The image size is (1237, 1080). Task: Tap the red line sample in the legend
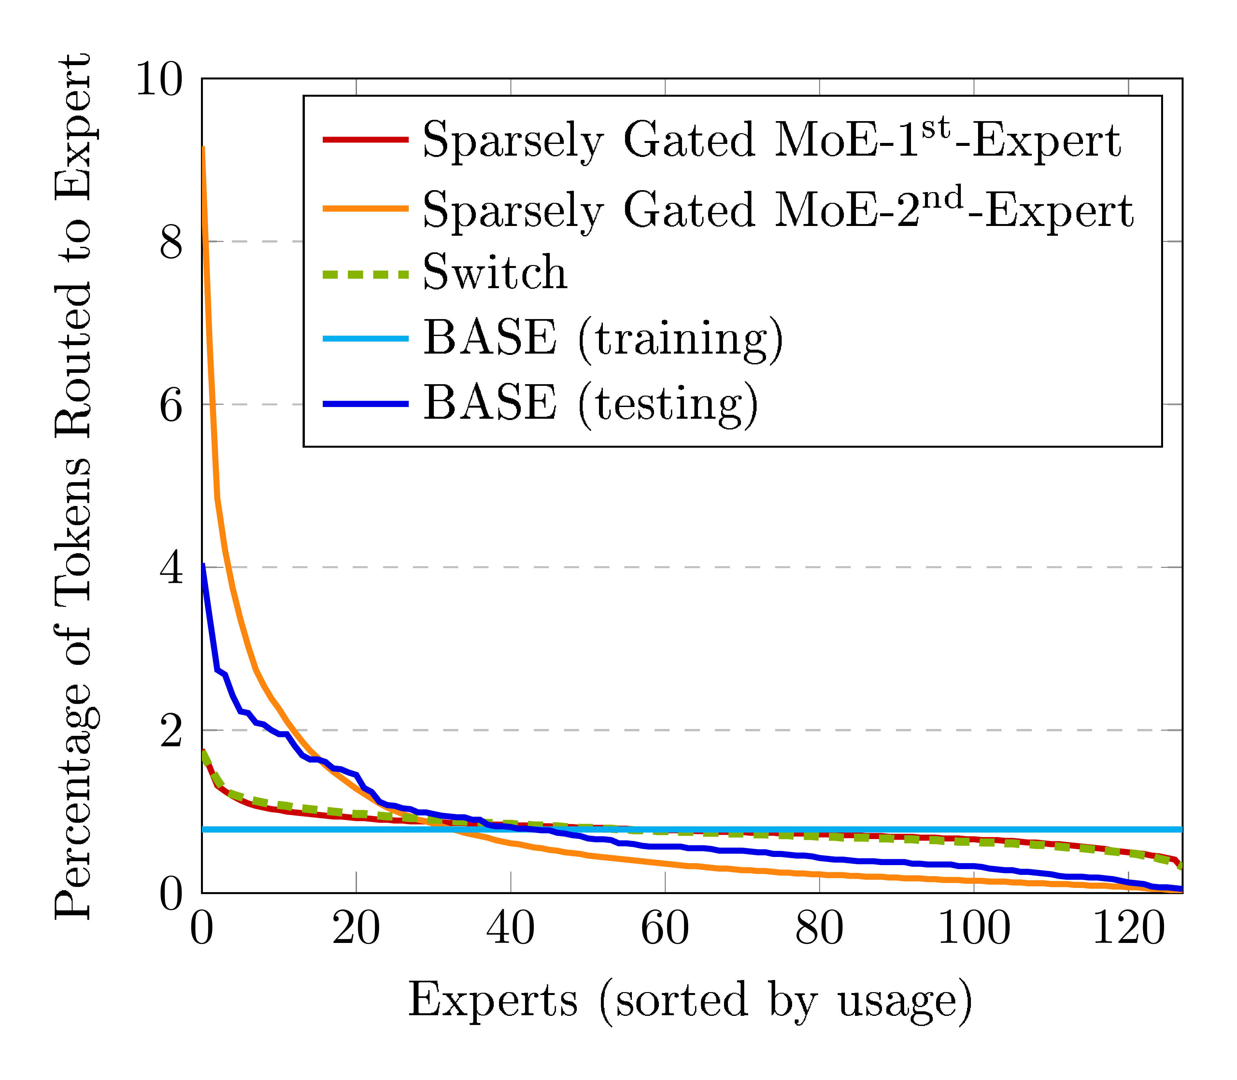pos(366,140)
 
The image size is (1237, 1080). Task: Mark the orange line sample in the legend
pos(366,208)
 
